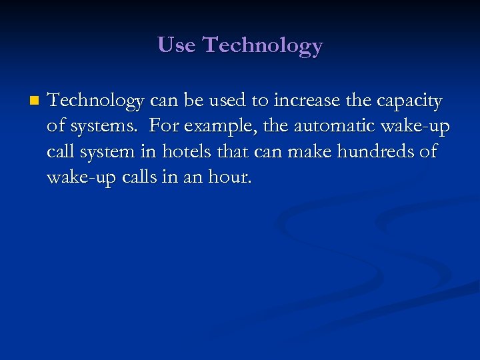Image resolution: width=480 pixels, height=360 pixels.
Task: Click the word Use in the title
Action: pos(177,45)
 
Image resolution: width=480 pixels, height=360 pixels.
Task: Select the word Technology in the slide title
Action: pos(262,45)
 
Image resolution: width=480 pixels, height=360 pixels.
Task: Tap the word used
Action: pos(227,101)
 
